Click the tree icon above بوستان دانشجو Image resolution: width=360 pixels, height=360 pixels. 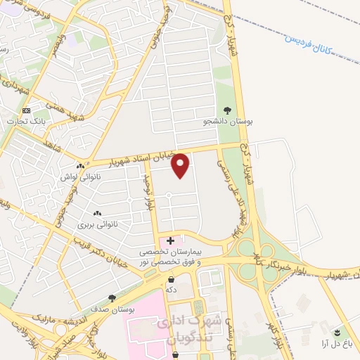(227, 110)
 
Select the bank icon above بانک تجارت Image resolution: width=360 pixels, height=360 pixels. (27, 111)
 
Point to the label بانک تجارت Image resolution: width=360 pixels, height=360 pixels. (27, 122)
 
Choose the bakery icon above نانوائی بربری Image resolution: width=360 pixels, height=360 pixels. (96, 213)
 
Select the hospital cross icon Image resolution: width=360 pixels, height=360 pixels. (171, 241)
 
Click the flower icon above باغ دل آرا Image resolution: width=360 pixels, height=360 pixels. (337, 331)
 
